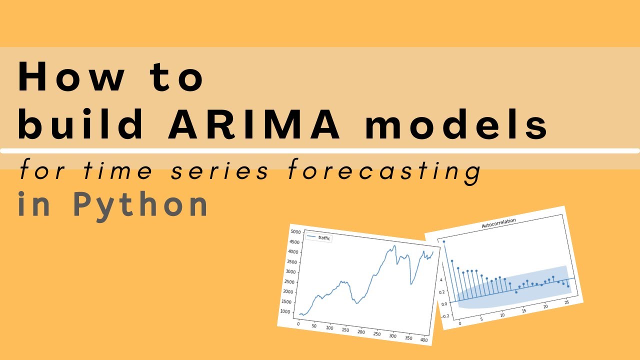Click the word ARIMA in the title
pyautogui.click(x=254, y=122)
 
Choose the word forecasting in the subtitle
pyautogui.click(x=384, y=171)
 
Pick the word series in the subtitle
pyautogui.click(x=220, y=171)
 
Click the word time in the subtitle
pyautogui.click(x=118, y=171)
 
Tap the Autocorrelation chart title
pyautogui.click(x=498, y=223)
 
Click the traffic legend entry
pyautogui.click(x=324, y=238)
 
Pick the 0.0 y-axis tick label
pyautogui.click(x=444, y=304)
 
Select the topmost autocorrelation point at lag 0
pyautogui.click(x=443, y=241)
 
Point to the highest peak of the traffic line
pyautogui.click(x=394, y=245)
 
